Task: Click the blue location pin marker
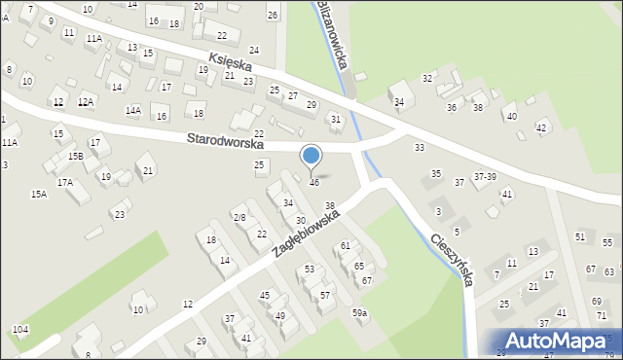(x=311, y=156)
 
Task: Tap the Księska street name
(x=230, y=61)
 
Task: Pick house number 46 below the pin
(x=313, y=183)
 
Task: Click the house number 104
(x=19, y=330)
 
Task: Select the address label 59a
(x=359, y=312)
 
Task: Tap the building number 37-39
(x=485, y=176)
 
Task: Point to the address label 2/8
(x=238, y=217)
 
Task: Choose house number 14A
(x=132, y=110)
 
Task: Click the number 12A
(x=86, y=102)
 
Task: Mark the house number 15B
(x=75, y=156)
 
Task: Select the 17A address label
(x=65, y=182)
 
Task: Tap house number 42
(x=541, y=128)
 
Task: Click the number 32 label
(x=426, y=78)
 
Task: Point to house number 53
(x=310, y=269)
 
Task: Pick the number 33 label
(x=420, y=147)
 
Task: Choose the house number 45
(x=264, y=295)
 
